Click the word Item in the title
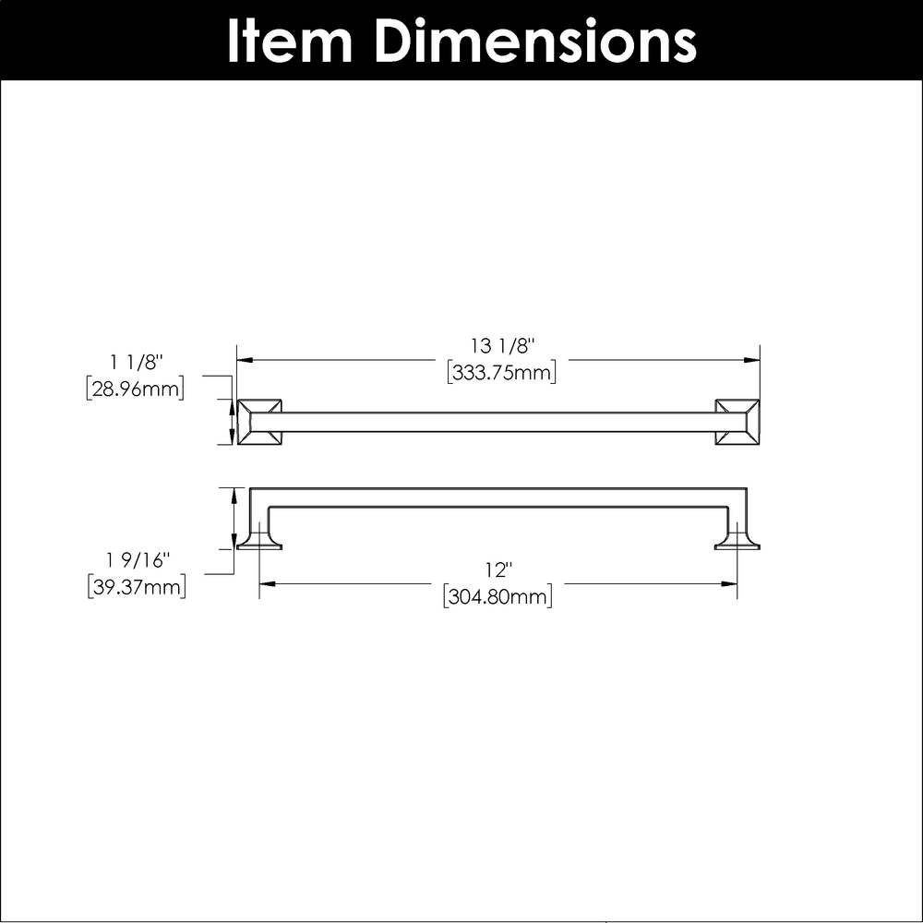tap(290, 41)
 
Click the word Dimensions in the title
tap(534, 41)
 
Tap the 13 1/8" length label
tap(502, 345)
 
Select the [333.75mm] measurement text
tap(501, 373)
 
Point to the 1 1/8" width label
tap(136, 362)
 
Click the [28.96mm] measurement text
tap(135, 390)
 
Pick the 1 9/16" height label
tap(138, 560)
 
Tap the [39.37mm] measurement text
tap(137, 587)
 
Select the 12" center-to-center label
tap(498, 569)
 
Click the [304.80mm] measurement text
tap(498, 597)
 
